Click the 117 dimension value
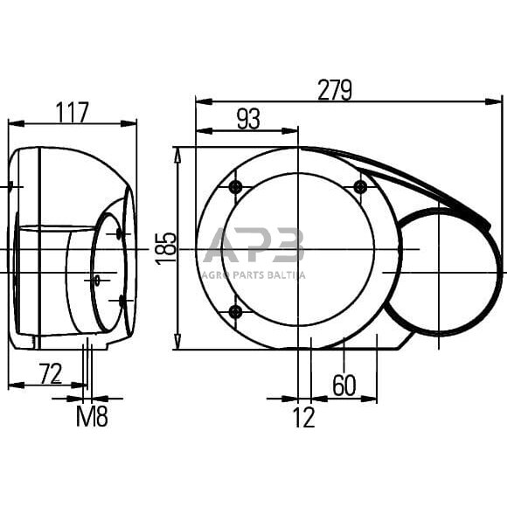pyautogui.click(x=73, y=112)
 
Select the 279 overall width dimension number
pyautogui.click(x=334, y=90)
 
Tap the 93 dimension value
pyautogui.click(x=248, y=120)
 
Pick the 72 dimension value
pyautogui.click(x=51, y=373)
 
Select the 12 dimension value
pyautogui.click(x=302, y=418)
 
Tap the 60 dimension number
pyautogui.click(x=344, y=385)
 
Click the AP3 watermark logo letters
pyautogui.click(x=253, y=247)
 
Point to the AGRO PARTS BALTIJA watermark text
pyautogui.click(x=253, y=274)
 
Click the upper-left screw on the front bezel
pyautogui.click(x=234, y=188)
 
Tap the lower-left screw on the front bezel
pyautogui.click(x=234, y=312)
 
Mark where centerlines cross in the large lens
pyautogui.click(x=298, y=249)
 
